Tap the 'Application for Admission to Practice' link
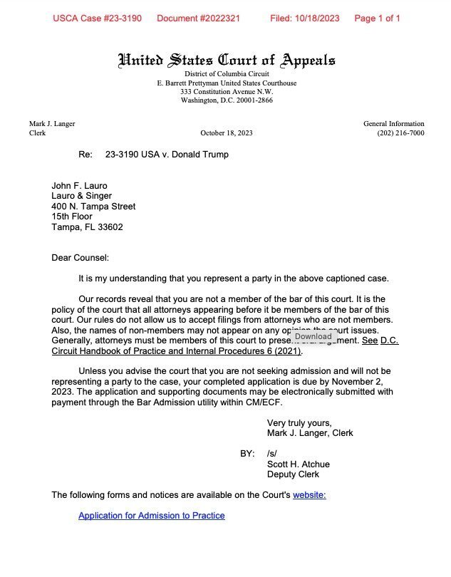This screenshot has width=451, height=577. tap(151, 515)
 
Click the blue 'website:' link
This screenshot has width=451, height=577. tap(309, 495)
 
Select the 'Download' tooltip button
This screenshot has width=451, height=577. tap(313, 336)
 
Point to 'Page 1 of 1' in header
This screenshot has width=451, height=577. tap(377, 19)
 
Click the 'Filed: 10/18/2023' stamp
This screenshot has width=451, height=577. tap(304, 19)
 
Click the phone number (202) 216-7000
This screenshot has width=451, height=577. tap(400, 133)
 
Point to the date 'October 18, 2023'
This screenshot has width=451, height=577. tap(226, 133)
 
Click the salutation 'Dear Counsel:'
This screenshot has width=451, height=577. tap(80, 258)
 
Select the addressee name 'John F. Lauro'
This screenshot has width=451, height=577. tap(79, 186)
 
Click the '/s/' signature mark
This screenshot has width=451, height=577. tap(272, 453)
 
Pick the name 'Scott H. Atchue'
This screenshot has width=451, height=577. tap(298, 464)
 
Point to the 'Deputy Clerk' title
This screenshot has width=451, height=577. tap(293, 474)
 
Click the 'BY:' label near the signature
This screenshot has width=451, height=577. tap(247, 453)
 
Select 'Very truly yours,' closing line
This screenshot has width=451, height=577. tap(299, 422)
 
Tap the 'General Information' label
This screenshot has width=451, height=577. tap(393, 124)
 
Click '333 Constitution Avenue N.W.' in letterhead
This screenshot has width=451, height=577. tap(226, 92)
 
